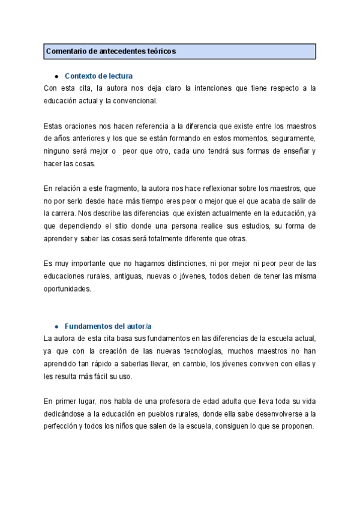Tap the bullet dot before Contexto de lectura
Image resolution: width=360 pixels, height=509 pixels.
[x=56, y=76]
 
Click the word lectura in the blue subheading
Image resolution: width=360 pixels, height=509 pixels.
[x=118, y=76]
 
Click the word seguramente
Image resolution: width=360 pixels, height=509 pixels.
[x=293, y=138]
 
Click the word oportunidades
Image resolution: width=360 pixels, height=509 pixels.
[x=67, y=289]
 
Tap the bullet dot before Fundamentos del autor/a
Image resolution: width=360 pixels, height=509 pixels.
[x=56, y=326]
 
